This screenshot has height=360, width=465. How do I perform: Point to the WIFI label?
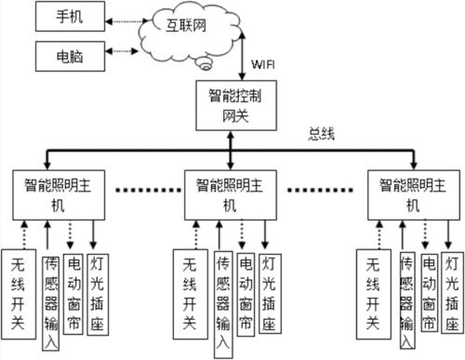(266, 65)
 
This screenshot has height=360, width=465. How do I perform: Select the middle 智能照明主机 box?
(231, 192)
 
